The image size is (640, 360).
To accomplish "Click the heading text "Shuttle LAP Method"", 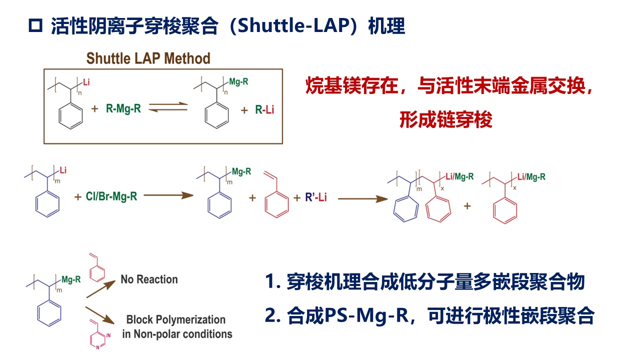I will pos(148,58).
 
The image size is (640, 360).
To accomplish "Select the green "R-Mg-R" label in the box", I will pos(123,108).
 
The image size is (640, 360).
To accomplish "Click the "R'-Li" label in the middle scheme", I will pos(316,197).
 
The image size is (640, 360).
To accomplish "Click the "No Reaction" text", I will pos(149,279).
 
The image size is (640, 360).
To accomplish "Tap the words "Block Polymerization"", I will pos(176,319).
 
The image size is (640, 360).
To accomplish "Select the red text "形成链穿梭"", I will pos(446,119).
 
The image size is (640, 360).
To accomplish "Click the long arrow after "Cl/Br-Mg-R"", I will pos(168,195).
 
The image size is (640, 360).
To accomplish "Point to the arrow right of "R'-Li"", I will pos(362,198).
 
